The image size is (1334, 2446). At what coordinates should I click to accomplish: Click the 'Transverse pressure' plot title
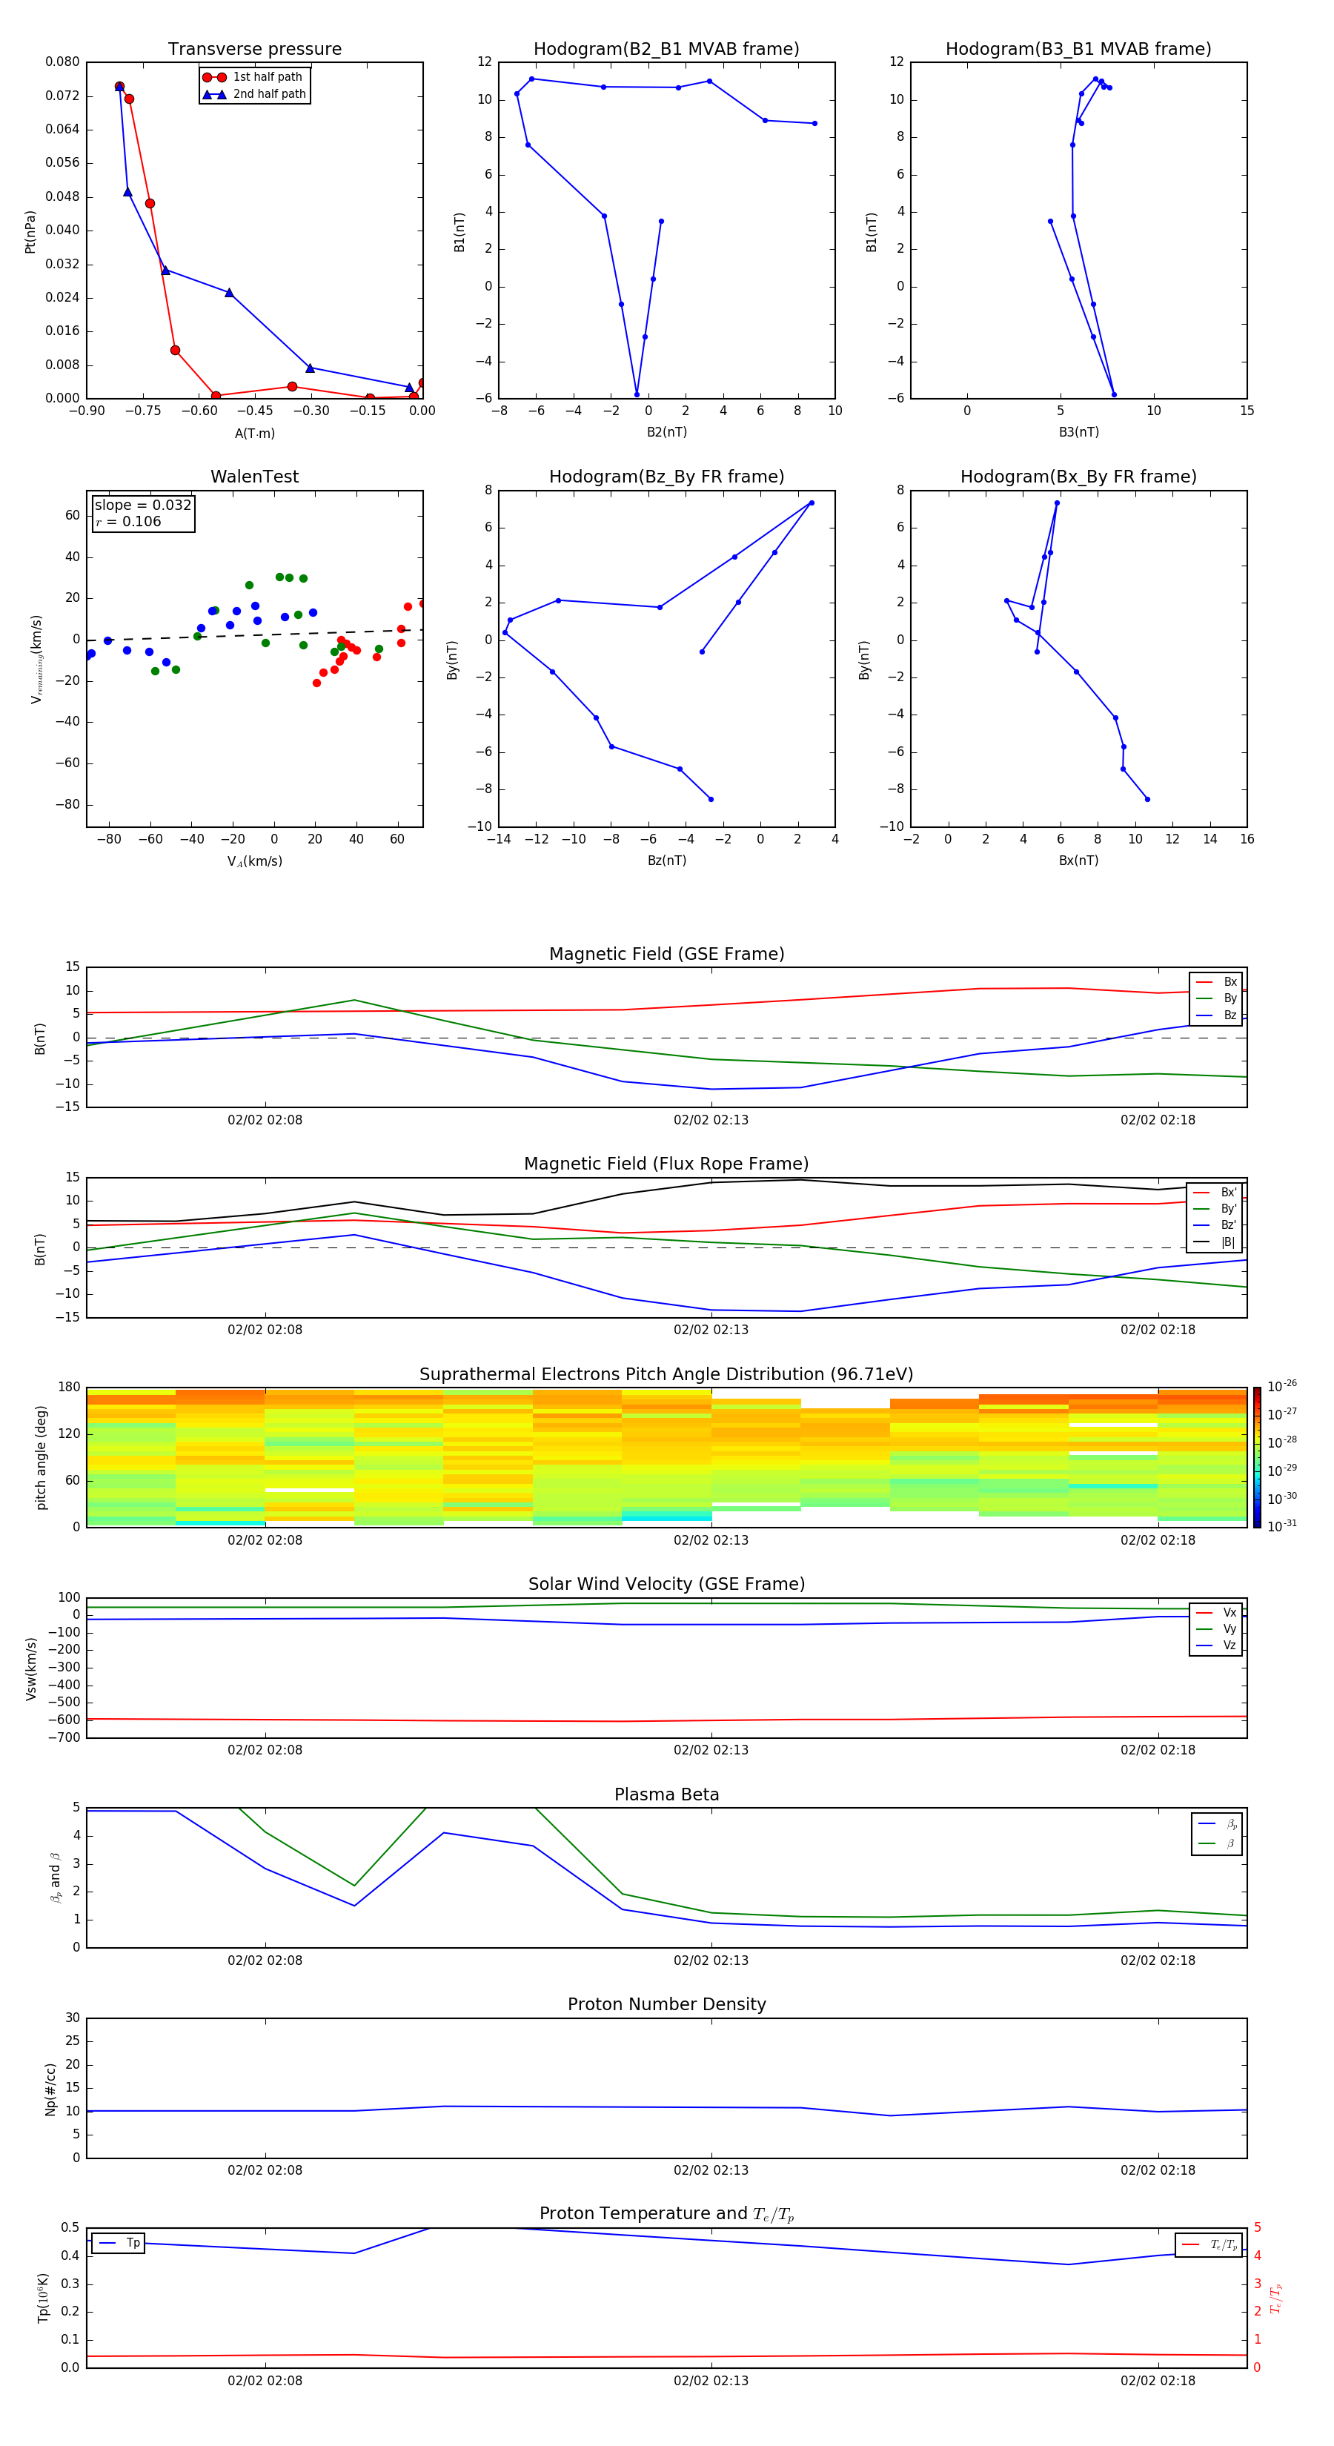click(254, 50)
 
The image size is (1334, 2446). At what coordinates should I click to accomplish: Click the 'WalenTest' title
click(254, 477)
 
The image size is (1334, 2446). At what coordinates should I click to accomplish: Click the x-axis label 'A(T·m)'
click(254, 433)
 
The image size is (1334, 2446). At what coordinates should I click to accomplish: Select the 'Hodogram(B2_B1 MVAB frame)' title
click(666, 50)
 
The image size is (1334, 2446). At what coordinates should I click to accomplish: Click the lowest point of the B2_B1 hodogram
click(637, 394)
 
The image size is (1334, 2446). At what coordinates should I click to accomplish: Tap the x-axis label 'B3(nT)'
click(1078, 432)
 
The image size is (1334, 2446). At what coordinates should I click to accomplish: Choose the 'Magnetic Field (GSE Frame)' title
click(666, 954)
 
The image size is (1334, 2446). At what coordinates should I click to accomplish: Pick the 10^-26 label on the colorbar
click(1282, 1385)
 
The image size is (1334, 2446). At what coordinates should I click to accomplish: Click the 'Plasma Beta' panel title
click(666, 1794)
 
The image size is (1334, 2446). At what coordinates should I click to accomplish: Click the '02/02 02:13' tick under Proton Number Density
click(711, 2170)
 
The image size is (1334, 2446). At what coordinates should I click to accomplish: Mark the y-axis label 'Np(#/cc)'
click(50, 2089)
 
